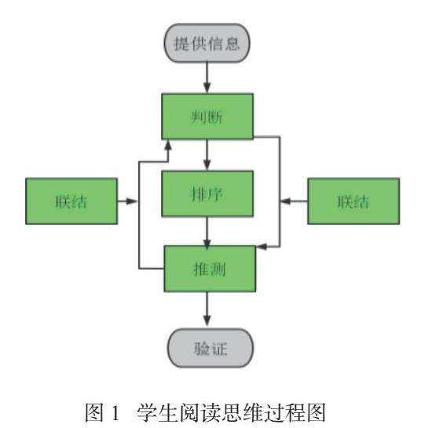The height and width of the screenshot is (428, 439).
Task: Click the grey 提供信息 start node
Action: [207, 43]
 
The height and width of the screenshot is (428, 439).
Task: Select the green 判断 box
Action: [207, 116]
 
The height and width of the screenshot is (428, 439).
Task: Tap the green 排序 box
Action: [207, 194]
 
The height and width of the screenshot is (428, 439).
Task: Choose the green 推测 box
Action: [210, 269]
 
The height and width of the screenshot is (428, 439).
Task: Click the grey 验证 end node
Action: [210, 348]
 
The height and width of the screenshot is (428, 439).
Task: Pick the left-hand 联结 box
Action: [71, 201]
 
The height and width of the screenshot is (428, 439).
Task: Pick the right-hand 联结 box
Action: [353, 201]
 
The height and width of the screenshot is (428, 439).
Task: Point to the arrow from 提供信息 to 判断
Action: [207, 78]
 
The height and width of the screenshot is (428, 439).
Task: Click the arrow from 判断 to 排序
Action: [207, 155]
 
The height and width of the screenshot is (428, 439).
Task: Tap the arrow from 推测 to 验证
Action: [207, 308]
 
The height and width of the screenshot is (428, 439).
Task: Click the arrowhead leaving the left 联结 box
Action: [131, 201]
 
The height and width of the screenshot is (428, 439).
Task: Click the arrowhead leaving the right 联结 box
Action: [286, 201]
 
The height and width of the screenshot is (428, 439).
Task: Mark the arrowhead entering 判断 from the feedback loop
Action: [168, 145]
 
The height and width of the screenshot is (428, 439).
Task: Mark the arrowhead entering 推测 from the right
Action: [262, 247]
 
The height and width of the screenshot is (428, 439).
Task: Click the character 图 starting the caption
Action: [94, 412]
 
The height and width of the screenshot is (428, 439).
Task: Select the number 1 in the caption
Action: [115, 412]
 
